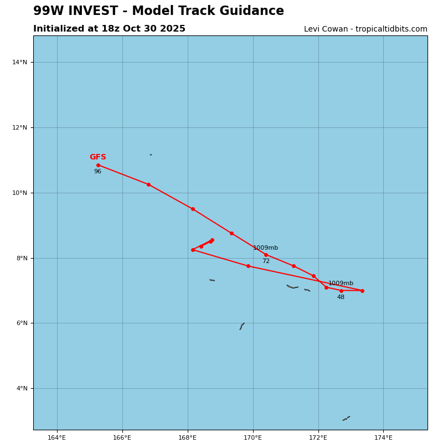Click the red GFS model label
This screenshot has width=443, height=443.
(x=98, y=157)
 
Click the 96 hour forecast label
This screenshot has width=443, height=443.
(x=97, y=172)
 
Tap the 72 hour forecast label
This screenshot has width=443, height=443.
(x=266, y=261)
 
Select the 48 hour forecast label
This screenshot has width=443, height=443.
(x=341, y=297)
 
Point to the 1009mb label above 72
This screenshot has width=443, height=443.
(x=266, y=248)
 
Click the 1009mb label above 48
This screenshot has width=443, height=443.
(x=341, y=284)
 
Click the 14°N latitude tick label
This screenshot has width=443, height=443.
(x=19, y=62)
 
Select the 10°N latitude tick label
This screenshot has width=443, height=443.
(x=19, y=193)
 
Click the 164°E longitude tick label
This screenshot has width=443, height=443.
(x=57, y=437)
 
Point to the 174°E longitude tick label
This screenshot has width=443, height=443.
(x=383, y=437)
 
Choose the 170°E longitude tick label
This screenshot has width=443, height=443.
(x=253, y=437)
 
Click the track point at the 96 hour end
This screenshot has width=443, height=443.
(x=98, y=165)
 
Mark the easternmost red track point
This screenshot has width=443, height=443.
(x=362, y=291)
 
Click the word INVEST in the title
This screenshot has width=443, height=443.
(x=99, y=11)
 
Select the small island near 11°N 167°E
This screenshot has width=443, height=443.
(x=151, y=154)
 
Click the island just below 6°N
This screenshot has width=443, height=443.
(x=242, y=326)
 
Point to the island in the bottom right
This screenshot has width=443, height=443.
(x=346, y=418)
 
